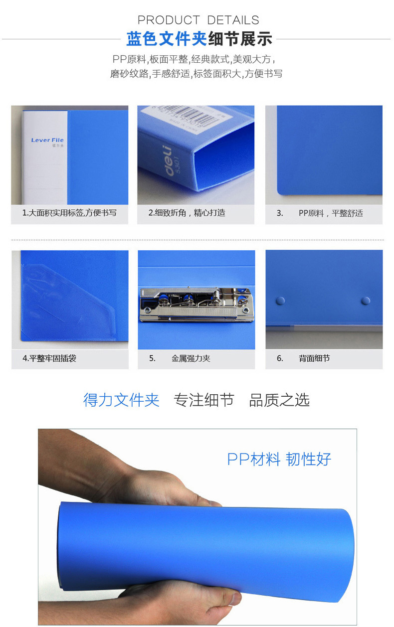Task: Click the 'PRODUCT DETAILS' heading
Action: [x=198, y=20]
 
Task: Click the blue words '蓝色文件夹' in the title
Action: [x=167, y=38]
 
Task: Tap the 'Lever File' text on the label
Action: [x=47, y=140]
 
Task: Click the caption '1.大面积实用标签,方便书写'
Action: [x=69, y=213]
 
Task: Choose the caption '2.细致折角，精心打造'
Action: [x=187, y=213]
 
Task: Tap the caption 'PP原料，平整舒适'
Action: [x=331, y=213]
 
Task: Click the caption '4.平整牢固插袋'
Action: [x=49, y=358]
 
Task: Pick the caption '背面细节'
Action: [x=314, y=358]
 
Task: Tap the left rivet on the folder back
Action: [x=281, y=301]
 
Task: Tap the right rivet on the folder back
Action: [x=366, y=301]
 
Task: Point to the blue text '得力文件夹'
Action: [x=121, y=400]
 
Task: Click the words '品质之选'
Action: [x=279, y=400]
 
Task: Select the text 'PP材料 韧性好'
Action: [x=279, y=459]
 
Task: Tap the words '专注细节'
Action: [x=204, y=400]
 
